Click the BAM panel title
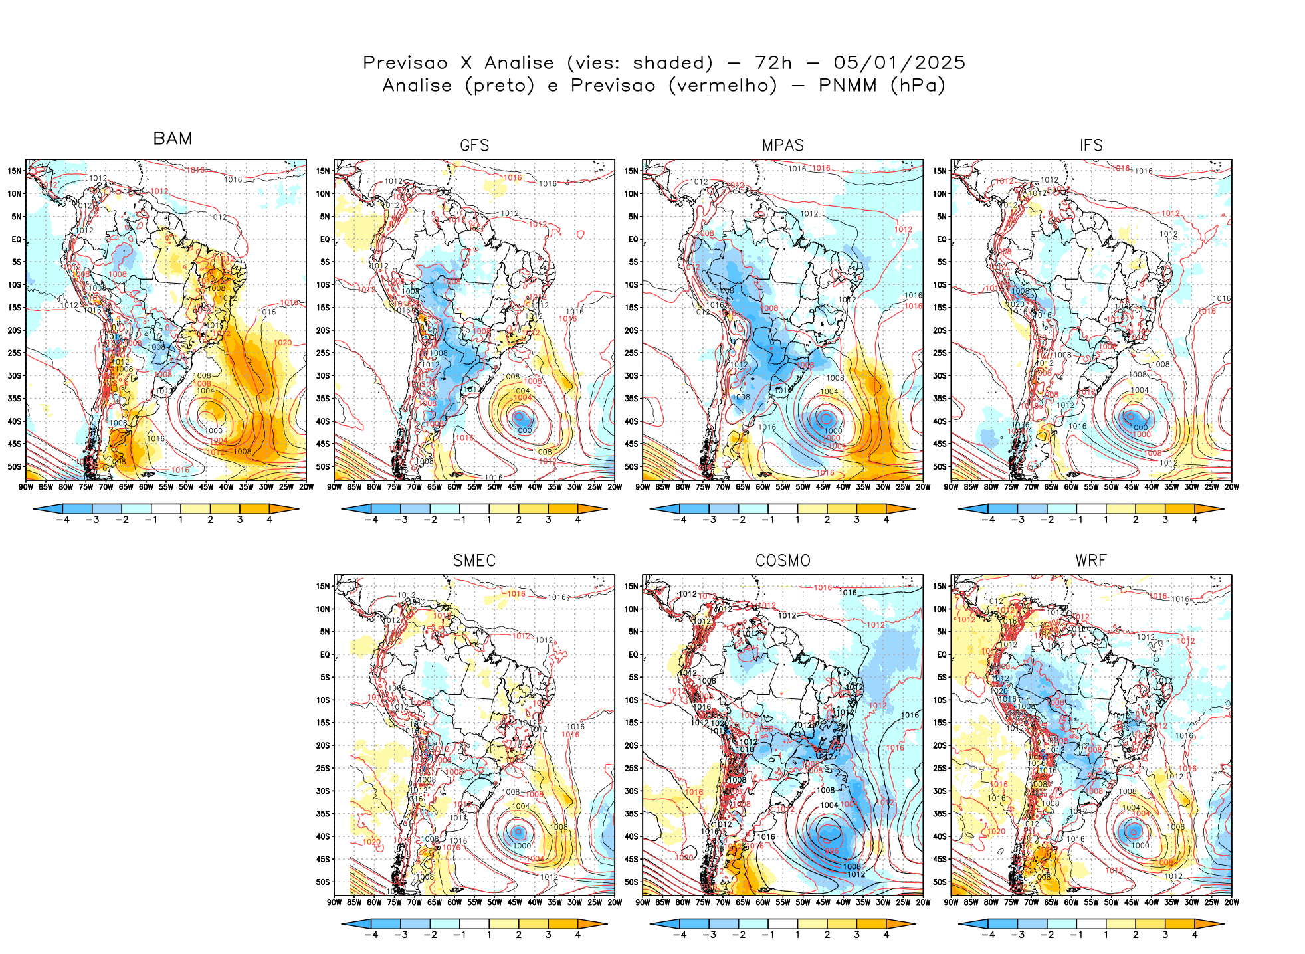172,138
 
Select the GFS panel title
474,145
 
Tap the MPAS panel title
783,145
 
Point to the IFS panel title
1091,145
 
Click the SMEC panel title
474,561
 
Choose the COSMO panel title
783,561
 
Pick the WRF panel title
1091,561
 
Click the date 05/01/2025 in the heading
899,63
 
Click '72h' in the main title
773,63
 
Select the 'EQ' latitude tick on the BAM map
17,239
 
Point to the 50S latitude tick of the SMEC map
323,882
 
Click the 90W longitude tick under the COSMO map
643,902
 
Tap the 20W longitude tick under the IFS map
1231,487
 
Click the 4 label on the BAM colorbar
269,520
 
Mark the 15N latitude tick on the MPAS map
631,171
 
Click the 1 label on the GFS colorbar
489,520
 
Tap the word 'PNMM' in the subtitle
848,86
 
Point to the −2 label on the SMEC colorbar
430,935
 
